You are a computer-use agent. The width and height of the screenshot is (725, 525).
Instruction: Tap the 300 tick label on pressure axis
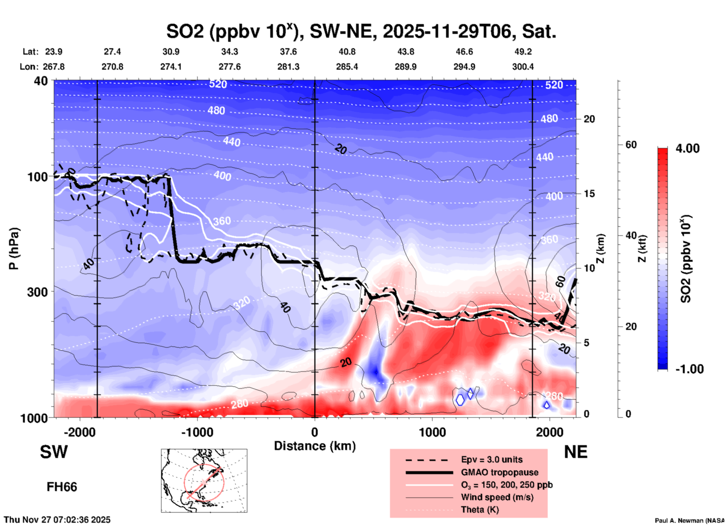(x=37, y=292)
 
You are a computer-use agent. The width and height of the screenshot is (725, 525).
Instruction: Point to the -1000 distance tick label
(x=197, y=432)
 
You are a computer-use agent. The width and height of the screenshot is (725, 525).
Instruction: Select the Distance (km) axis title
(x=315, y=446)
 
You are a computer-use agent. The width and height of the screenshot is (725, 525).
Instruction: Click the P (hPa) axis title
(x=14, y=249)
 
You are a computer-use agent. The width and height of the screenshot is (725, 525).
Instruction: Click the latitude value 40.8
(x=347, y=52)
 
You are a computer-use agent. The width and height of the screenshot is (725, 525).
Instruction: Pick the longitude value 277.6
(x=229, y=67)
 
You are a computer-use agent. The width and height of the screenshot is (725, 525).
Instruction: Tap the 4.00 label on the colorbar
(x=687, y=148)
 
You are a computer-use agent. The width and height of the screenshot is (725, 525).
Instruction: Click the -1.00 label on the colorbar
(x=689, y=369)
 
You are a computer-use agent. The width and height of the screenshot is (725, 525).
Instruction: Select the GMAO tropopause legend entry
(x=500, y=472)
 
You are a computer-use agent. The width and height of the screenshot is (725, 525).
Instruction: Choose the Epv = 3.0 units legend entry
(x=492, y=459)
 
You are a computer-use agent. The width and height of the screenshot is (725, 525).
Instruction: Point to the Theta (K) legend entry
(x=480, y=510)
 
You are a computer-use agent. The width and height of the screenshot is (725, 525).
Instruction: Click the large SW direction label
(x=54, y=452)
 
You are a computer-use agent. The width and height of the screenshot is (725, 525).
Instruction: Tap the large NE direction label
(x=576, y=452)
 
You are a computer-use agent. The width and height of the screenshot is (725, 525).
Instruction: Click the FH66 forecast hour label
(x=62, y=487)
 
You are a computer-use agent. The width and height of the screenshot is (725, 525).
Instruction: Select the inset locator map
(x=204, y=480)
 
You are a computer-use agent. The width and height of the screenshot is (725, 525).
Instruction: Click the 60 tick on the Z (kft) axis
(x=631, y=145)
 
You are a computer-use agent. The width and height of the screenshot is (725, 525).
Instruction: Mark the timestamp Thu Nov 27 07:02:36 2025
(x=57, y=520)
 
